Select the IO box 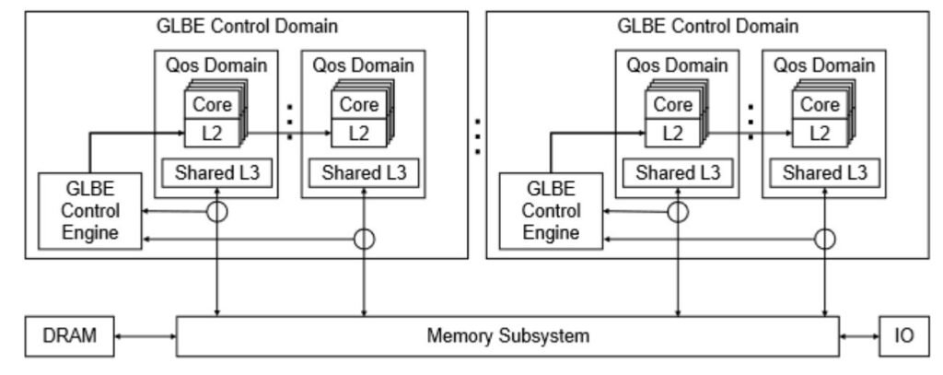point(904,335)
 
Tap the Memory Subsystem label point(507,335)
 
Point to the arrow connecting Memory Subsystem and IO point(859,335)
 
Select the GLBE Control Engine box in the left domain point(90,210)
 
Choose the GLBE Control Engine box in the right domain point(552,210)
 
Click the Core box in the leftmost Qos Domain point(211,104)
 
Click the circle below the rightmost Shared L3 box point(825,239)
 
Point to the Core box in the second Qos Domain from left point(357,104)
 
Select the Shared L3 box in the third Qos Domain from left point(679,171)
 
